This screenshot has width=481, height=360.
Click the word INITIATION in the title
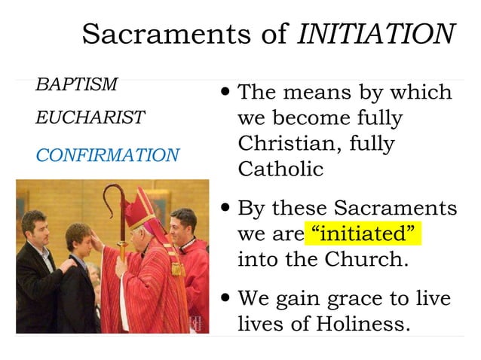click(x=375, y=34)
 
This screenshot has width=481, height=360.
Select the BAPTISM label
click(x=76, y=84)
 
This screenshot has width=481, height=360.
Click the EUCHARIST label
click(x=90, y=118)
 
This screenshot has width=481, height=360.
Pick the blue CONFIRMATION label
click(x=108, y=156)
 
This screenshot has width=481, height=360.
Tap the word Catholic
click(x=280, y=168)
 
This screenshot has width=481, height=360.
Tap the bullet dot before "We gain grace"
click(x=227, y=298)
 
